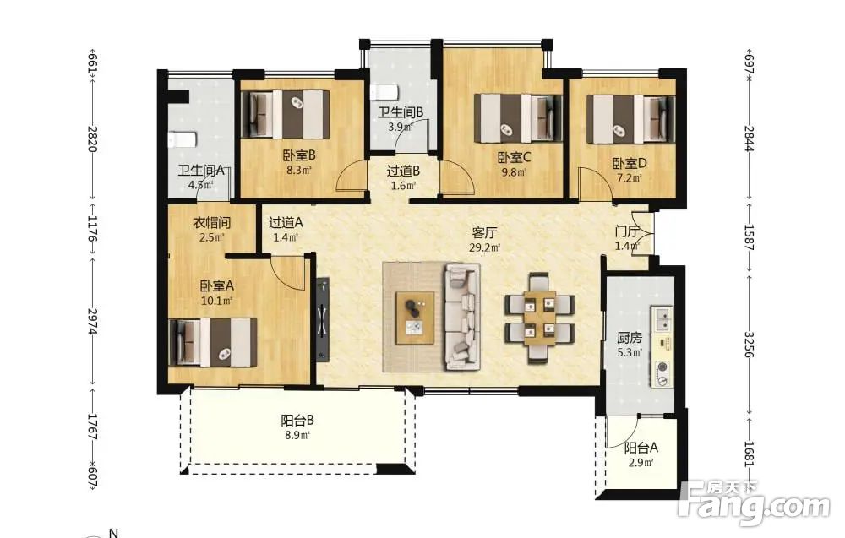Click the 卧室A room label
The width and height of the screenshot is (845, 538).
click(x=216, y=286)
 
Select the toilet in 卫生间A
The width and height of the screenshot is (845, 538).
click(x=182, y=139)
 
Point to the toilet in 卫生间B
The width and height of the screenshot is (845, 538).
click(x=384, y=91)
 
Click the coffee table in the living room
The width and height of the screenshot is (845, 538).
click(x=415, y=318)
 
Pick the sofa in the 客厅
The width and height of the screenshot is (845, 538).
click(x=462, y=317)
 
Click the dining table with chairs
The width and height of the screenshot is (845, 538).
click(x=539, y=317)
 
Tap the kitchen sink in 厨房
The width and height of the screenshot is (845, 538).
click(x=662, y=318)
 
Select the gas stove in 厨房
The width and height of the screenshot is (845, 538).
click(x=662, y=374)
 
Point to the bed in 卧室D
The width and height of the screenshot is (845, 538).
click(x=631, y=119)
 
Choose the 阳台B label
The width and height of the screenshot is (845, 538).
click(x=297, y=421)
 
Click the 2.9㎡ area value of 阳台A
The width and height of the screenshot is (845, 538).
click(x=641, y=463)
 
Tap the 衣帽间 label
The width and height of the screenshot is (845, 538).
click(x=212, y=222)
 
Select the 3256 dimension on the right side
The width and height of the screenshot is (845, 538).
click(x=749, y=345)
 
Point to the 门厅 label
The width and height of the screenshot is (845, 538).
click(x=627, y=232)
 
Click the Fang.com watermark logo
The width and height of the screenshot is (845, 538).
click(x=755, y=503)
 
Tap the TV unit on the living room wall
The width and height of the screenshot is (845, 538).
click(x=322, y=318)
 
